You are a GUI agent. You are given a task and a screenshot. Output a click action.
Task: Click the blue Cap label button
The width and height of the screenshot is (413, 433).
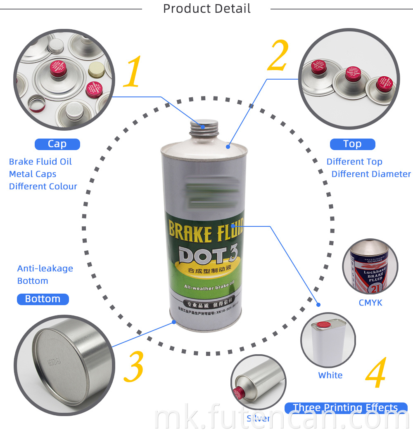[57, 144]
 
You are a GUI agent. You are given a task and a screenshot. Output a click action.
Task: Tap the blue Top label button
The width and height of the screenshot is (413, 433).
[352, 144]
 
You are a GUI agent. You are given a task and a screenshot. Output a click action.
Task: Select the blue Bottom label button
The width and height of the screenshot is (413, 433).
[43, 299]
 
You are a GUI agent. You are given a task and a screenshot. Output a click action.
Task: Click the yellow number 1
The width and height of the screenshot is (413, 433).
[133, 72]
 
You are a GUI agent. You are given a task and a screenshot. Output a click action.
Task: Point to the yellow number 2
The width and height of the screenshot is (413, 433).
[278, 56]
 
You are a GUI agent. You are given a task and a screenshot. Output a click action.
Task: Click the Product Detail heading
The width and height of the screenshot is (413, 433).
[206, 9]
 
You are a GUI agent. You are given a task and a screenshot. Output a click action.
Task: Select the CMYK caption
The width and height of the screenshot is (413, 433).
[370, 303]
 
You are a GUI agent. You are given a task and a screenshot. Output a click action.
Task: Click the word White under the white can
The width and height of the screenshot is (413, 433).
[330, 375]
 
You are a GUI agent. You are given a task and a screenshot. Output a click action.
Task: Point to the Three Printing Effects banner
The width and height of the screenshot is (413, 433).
[345, 408]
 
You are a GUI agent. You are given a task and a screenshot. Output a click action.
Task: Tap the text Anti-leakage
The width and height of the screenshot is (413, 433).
[45, 268]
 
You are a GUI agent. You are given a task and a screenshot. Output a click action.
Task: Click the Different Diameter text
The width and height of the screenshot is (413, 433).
[371, 174]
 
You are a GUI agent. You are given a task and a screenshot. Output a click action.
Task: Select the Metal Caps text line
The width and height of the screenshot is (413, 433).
[33, 174]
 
